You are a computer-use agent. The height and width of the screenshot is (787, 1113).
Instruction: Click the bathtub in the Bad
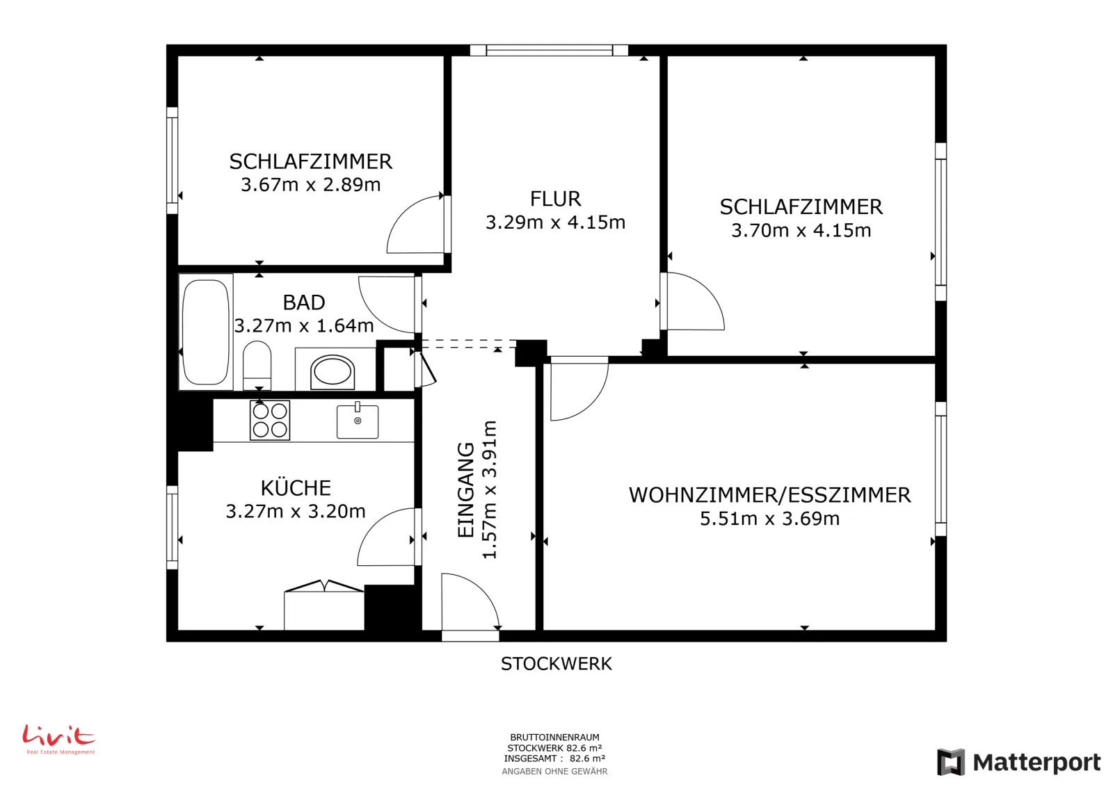[x=206, y=332]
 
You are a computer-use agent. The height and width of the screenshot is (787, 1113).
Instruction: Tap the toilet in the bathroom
[x=257, y=365]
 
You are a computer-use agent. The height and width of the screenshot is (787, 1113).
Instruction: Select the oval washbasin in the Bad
[x=333, y=372]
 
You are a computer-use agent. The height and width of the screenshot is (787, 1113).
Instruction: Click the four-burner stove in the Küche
[x=270, y=420]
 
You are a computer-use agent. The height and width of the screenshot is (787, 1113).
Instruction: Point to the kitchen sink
[x=358, y=421]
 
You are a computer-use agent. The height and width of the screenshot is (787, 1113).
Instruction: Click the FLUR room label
[x=556, y=199]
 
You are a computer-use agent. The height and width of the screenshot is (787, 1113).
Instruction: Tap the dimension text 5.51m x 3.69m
[x=769, y=519]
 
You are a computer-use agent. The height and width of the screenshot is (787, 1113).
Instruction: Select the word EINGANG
[x=465, y=489]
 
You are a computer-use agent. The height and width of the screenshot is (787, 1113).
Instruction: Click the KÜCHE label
[x=296, y=487]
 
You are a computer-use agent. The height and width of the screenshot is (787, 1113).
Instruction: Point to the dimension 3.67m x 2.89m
[x=310, y=185]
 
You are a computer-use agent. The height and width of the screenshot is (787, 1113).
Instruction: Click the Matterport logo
[x=1018, y=762]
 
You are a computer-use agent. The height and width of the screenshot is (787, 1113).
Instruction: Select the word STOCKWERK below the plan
[x=556, y=664]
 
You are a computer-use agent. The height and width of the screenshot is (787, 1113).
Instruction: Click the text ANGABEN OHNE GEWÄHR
[x=554, y=771]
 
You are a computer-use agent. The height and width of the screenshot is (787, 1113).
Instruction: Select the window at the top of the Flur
[x=549, y=50]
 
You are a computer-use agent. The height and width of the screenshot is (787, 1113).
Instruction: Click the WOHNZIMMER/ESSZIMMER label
[x=769, y=495]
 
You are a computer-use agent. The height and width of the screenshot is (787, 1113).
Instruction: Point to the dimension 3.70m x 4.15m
[x=801, y=230]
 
